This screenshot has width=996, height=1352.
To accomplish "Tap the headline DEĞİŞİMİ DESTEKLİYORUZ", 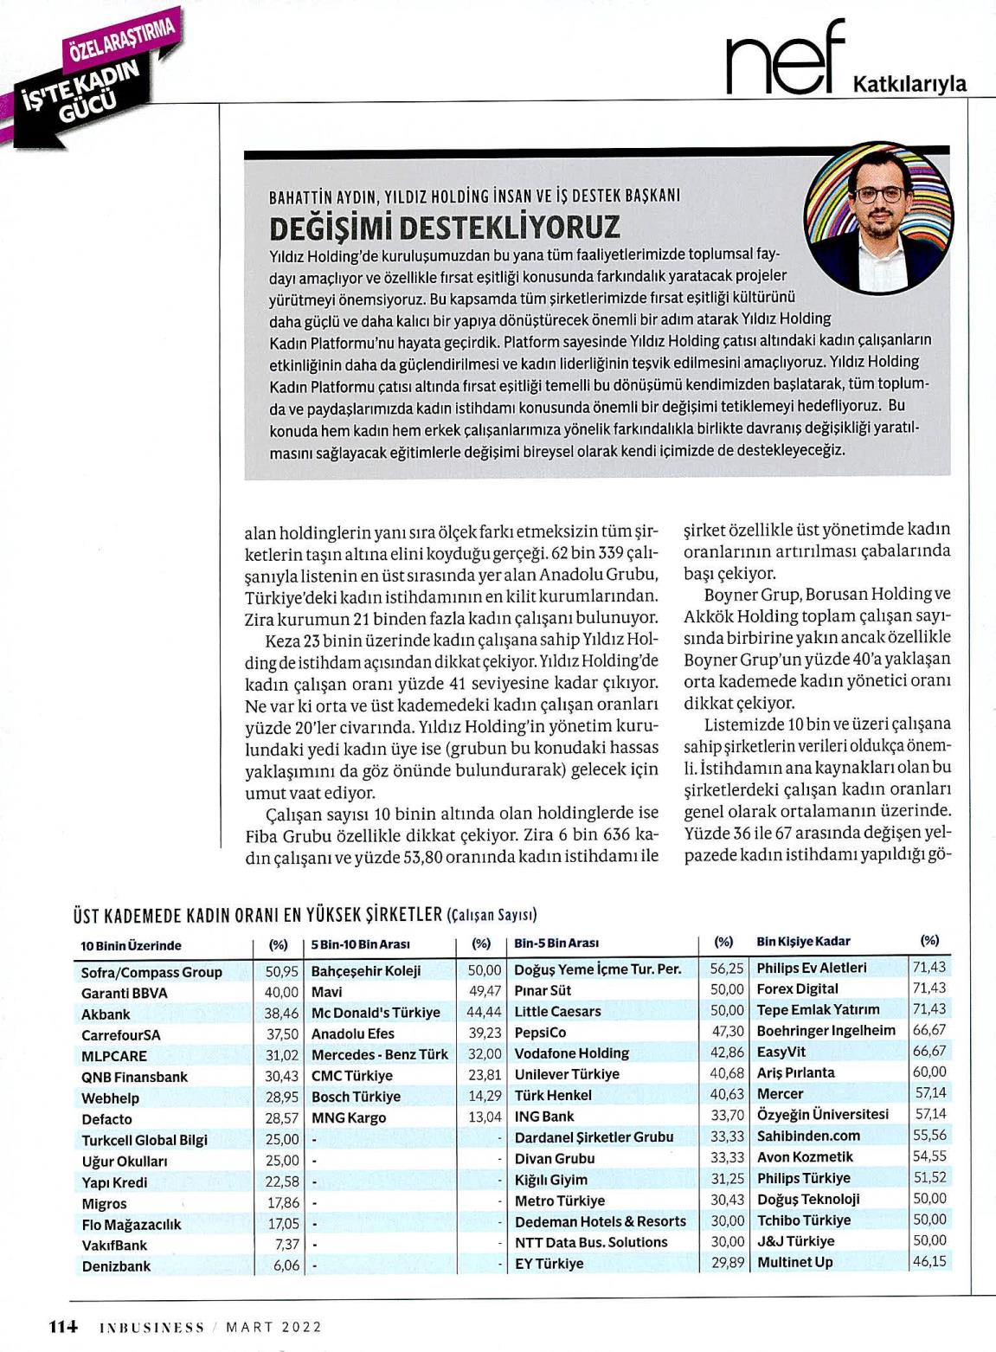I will pos(446,227).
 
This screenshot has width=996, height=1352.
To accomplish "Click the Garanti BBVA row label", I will pos(125,993).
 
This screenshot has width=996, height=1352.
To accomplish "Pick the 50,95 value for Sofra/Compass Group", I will pos(282,972).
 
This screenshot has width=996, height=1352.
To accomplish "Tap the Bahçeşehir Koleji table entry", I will pos(366,970).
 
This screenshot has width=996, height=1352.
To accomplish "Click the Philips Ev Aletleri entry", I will pos(812,968).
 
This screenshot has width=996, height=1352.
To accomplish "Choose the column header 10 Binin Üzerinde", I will pos(132,946).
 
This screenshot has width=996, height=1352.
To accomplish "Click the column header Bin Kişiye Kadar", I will pos(803,941).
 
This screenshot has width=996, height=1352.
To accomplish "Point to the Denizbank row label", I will pos(116,1265).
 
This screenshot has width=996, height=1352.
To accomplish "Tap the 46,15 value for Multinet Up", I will pos(929,1261).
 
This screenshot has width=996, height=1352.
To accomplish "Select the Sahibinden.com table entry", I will pos(809,1136).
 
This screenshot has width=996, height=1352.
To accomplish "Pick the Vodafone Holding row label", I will pos(572,1053).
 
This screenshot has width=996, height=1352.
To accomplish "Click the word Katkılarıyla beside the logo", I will pos(909,84).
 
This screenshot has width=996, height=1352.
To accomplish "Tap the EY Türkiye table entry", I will pos(549,1264).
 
